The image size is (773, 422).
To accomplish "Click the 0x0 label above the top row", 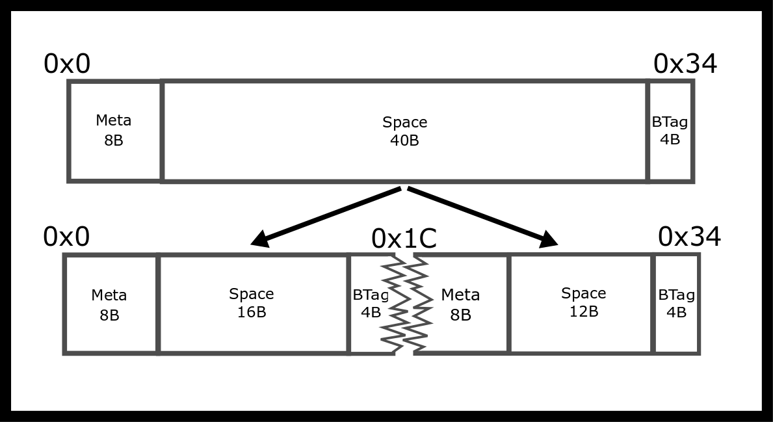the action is [x=67, y=64].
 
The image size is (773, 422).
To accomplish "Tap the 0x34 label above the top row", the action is [x=685, y=64].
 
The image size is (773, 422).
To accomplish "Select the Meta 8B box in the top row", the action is [x=114, y=131].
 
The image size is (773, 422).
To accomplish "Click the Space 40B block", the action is [x=404, y=131].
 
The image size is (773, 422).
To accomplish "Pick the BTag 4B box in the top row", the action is [x=670, y=131].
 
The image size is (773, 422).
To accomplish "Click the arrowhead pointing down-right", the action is [x=548, y=239].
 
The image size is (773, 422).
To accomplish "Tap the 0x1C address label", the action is [x=404, y=239].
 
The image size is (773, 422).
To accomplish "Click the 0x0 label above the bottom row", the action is [x=66, y=237].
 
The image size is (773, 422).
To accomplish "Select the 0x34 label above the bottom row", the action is [x=689, y=237].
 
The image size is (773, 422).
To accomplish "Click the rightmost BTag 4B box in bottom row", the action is [x=677, y=304].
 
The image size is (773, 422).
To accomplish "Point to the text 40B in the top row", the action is [x=404, y=140].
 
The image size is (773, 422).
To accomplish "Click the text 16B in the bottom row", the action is [x=252, y=312].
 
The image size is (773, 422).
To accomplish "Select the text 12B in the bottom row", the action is [x=583, y=311].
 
